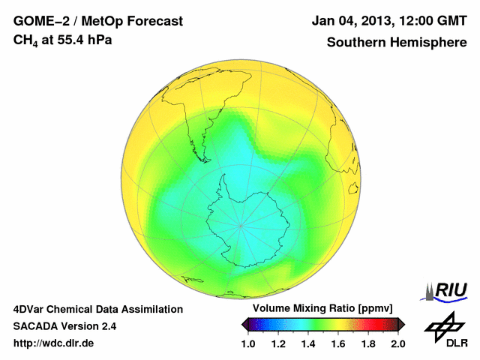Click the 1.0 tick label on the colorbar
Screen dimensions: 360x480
pos(248,343)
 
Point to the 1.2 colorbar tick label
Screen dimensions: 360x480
pos(278,343)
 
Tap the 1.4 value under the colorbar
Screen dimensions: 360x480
pos(308,343)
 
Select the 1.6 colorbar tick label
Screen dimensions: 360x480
pos(338,343)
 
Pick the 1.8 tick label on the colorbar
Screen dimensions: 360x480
pos(368,343)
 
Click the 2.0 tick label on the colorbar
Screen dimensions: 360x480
pos(398,343)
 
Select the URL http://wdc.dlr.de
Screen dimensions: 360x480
pos(54,343)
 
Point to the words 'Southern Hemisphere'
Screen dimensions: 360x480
pos(396,42)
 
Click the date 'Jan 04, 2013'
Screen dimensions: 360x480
pos(349,21)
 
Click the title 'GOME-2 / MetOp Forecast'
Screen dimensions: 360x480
pos(98,21)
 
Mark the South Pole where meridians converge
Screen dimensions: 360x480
pos(241,226)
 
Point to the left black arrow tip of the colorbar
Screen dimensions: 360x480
pos(244,324)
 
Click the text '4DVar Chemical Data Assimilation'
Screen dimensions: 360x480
pos(97,309)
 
